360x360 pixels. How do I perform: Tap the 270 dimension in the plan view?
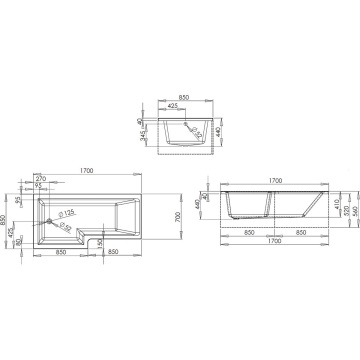[x=42, y=177]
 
